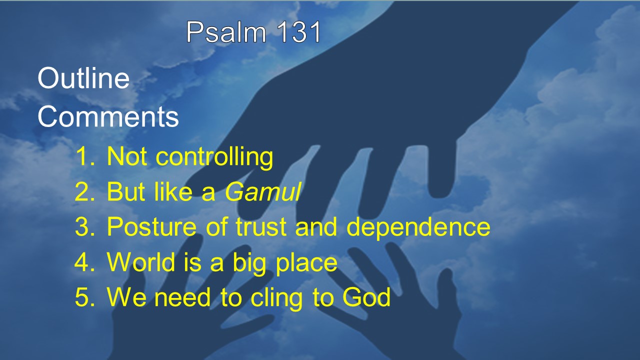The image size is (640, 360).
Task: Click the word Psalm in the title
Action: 226,32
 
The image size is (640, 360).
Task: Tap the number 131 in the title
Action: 298,32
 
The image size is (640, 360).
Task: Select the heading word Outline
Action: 83,78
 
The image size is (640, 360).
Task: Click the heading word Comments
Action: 108,116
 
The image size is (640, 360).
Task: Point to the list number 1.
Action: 85,156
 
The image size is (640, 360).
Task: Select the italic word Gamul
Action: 263,191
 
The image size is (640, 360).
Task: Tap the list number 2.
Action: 84,191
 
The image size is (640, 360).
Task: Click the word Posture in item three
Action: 151,227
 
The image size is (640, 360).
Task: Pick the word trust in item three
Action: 261,227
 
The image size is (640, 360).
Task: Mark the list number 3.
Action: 84,227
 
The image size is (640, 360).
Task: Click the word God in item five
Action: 366,297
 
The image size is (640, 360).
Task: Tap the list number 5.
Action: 84,297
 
